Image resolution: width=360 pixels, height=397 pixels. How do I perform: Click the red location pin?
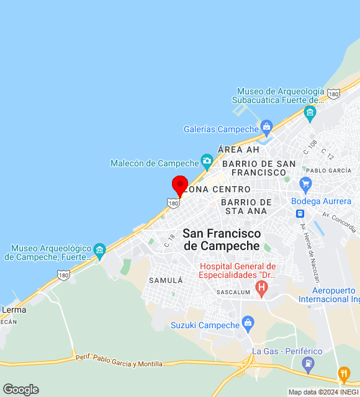(180, 185)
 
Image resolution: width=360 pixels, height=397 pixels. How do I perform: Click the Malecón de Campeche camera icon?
(207, 163)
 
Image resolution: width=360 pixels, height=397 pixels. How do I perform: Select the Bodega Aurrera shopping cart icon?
(305, 184)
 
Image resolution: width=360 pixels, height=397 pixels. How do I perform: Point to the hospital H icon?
(261, 288)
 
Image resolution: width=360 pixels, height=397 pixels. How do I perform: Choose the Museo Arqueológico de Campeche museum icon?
(99, 251)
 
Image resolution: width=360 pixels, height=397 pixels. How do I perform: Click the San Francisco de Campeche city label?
(222, 239)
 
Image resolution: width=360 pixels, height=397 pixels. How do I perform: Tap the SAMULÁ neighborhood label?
(165, 280)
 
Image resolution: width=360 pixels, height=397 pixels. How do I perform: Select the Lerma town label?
(14, 309)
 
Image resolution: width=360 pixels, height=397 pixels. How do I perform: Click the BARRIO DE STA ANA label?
(246, 207)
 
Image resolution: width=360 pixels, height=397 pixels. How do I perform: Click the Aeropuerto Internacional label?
(326, 295)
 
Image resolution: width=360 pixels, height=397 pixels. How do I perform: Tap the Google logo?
(20, 390)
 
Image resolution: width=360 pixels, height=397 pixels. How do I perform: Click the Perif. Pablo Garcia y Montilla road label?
(119, 360)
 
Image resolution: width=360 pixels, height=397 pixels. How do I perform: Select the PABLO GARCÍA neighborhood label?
(328, 170)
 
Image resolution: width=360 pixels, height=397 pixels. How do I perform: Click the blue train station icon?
(300, 213)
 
